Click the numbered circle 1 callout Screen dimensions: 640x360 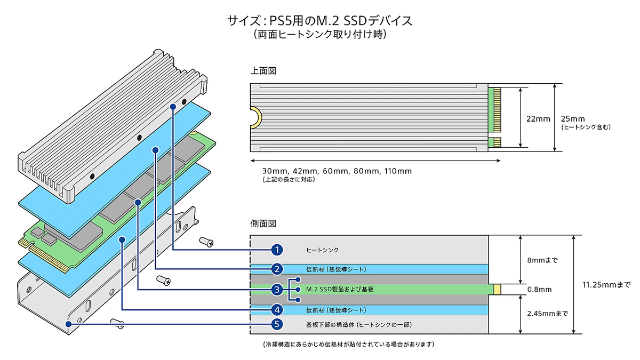click(x=277, y=250)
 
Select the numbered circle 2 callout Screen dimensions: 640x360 click(x=277, y=269)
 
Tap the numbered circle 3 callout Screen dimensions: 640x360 click(x=277, y=290)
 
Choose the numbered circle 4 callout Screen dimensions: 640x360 click(x=277, y=310)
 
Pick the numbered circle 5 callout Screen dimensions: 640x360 click(x=277, y=324)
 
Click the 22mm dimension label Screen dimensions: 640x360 click(x=538, y=119)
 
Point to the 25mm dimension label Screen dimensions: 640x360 click(x=573, y=119)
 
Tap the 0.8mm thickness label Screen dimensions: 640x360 click(x=539, y=290)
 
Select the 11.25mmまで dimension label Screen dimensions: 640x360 click(x=606, y=285)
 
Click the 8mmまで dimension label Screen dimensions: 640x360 click(x=542, y=260)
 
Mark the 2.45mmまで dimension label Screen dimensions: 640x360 click(x=548, y=314)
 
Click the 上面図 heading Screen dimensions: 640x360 click(x=263, y=71)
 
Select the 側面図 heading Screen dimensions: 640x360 click(x=263, y=223)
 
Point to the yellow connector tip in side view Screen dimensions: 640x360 click(x=497, y=290)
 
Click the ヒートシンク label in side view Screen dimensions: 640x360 click(x=322, y=250)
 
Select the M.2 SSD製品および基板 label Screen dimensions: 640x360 click(x=340, y=290)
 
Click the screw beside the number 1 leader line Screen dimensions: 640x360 click(x=206, y=242)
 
